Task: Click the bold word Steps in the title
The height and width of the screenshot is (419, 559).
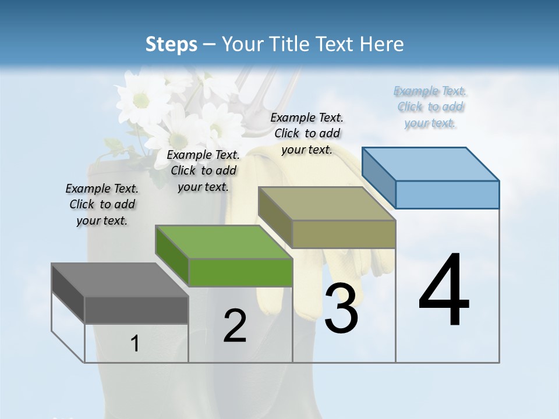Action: click(x=171, y=44)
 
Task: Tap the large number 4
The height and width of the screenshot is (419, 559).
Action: click(x=444, y=291)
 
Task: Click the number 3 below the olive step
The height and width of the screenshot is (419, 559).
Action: click(x=341, y=308)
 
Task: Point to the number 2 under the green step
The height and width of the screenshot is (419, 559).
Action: click(x=235, y=326)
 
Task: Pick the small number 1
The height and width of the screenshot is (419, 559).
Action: click(x=135, y=344)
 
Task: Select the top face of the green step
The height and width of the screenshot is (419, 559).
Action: click(x=224, y=242)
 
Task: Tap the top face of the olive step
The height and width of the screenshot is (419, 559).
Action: click(x=327, y=204)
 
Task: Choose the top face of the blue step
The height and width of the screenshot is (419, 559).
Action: click(x=430, y=164)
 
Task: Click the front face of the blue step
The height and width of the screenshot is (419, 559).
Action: click(x=447, y=194)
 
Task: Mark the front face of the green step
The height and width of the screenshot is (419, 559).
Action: click(x=240, y=272)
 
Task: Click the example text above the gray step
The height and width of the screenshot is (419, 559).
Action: click(x=102, y=205)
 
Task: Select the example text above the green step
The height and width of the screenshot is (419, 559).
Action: click(x=203, y=171)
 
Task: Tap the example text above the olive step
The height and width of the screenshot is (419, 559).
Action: click(x=307, y=133)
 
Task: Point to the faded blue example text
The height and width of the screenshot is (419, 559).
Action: click(x=430, y=107)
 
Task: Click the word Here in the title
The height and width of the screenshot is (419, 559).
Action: click(x=383, y=44)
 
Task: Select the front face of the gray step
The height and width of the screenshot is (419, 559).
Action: click(x=136, y=310)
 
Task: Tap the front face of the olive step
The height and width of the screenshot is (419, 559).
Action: click(x=344, y=234)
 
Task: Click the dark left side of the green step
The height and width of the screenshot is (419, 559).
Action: click(x=172, y=256)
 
